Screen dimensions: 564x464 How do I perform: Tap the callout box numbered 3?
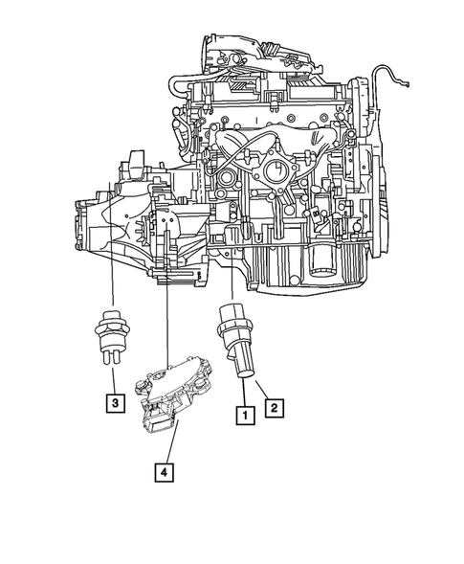pos(114,403)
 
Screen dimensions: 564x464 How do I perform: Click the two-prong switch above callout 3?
pos(113,330)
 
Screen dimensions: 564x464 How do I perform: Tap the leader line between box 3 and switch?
pos(114,379)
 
